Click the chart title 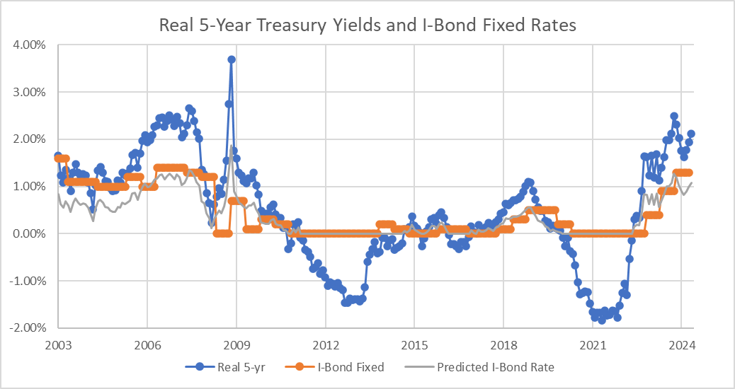[367, 25]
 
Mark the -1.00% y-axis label [26, 281]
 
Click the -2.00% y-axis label [26, 328]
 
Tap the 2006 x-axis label [147, 345]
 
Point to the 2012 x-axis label [325, 345]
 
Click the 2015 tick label [414, 345]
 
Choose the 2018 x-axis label [503, 345]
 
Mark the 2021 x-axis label [593, 345]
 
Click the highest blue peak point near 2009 [232, 59]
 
